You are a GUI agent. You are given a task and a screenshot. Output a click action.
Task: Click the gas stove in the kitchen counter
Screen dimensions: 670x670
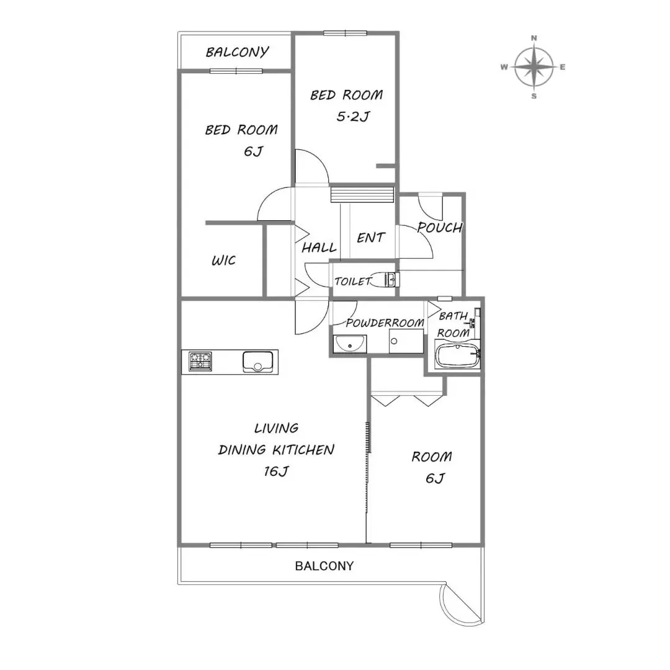coord(200,362)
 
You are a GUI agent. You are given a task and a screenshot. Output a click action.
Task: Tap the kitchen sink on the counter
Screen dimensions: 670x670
coord(257,362)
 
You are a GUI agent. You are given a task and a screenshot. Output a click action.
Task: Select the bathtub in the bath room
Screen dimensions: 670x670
coord(457,356)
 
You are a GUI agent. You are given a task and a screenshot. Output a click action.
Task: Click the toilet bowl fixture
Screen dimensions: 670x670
coord(386,279)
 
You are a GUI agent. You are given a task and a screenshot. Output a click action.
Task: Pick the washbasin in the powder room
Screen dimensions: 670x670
coord(349,344)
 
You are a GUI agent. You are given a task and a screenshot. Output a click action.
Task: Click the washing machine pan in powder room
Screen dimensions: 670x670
coord(406,341)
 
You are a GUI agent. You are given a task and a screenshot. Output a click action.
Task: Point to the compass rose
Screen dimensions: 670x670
coord(534,67)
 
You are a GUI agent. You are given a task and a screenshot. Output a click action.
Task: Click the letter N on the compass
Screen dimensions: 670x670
coord(534,38)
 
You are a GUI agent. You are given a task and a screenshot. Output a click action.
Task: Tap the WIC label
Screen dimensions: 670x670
coord(223,260)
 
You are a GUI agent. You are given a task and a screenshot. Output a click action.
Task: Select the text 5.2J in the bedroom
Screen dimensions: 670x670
coord(353,116)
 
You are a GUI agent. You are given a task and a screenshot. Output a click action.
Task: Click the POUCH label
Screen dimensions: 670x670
coord(440,227)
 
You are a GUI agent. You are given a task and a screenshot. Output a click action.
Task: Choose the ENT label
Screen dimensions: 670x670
coord(371,238)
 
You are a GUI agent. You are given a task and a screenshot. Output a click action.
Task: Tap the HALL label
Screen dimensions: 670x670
coord(319,248)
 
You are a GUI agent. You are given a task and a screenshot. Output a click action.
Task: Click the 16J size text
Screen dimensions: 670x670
coord(276,471)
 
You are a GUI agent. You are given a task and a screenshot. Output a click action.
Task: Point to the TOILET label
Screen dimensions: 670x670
coord(353,281)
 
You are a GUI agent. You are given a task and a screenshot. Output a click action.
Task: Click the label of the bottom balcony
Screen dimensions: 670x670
coord(324,566)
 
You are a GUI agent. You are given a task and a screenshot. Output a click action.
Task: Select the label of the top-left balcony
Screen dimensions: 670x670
coord(237,51)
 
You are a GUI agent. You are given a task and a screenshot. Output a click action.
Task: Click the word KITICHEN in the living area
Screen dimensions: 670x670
coord(303,450)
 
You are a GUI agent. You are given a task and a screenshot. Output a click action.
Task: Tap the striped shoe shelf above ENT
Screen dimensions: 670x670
coord(362,194)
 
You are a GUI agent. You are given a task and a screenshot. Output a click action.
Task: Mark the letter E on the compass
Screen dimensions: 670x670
coord(562,67)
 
